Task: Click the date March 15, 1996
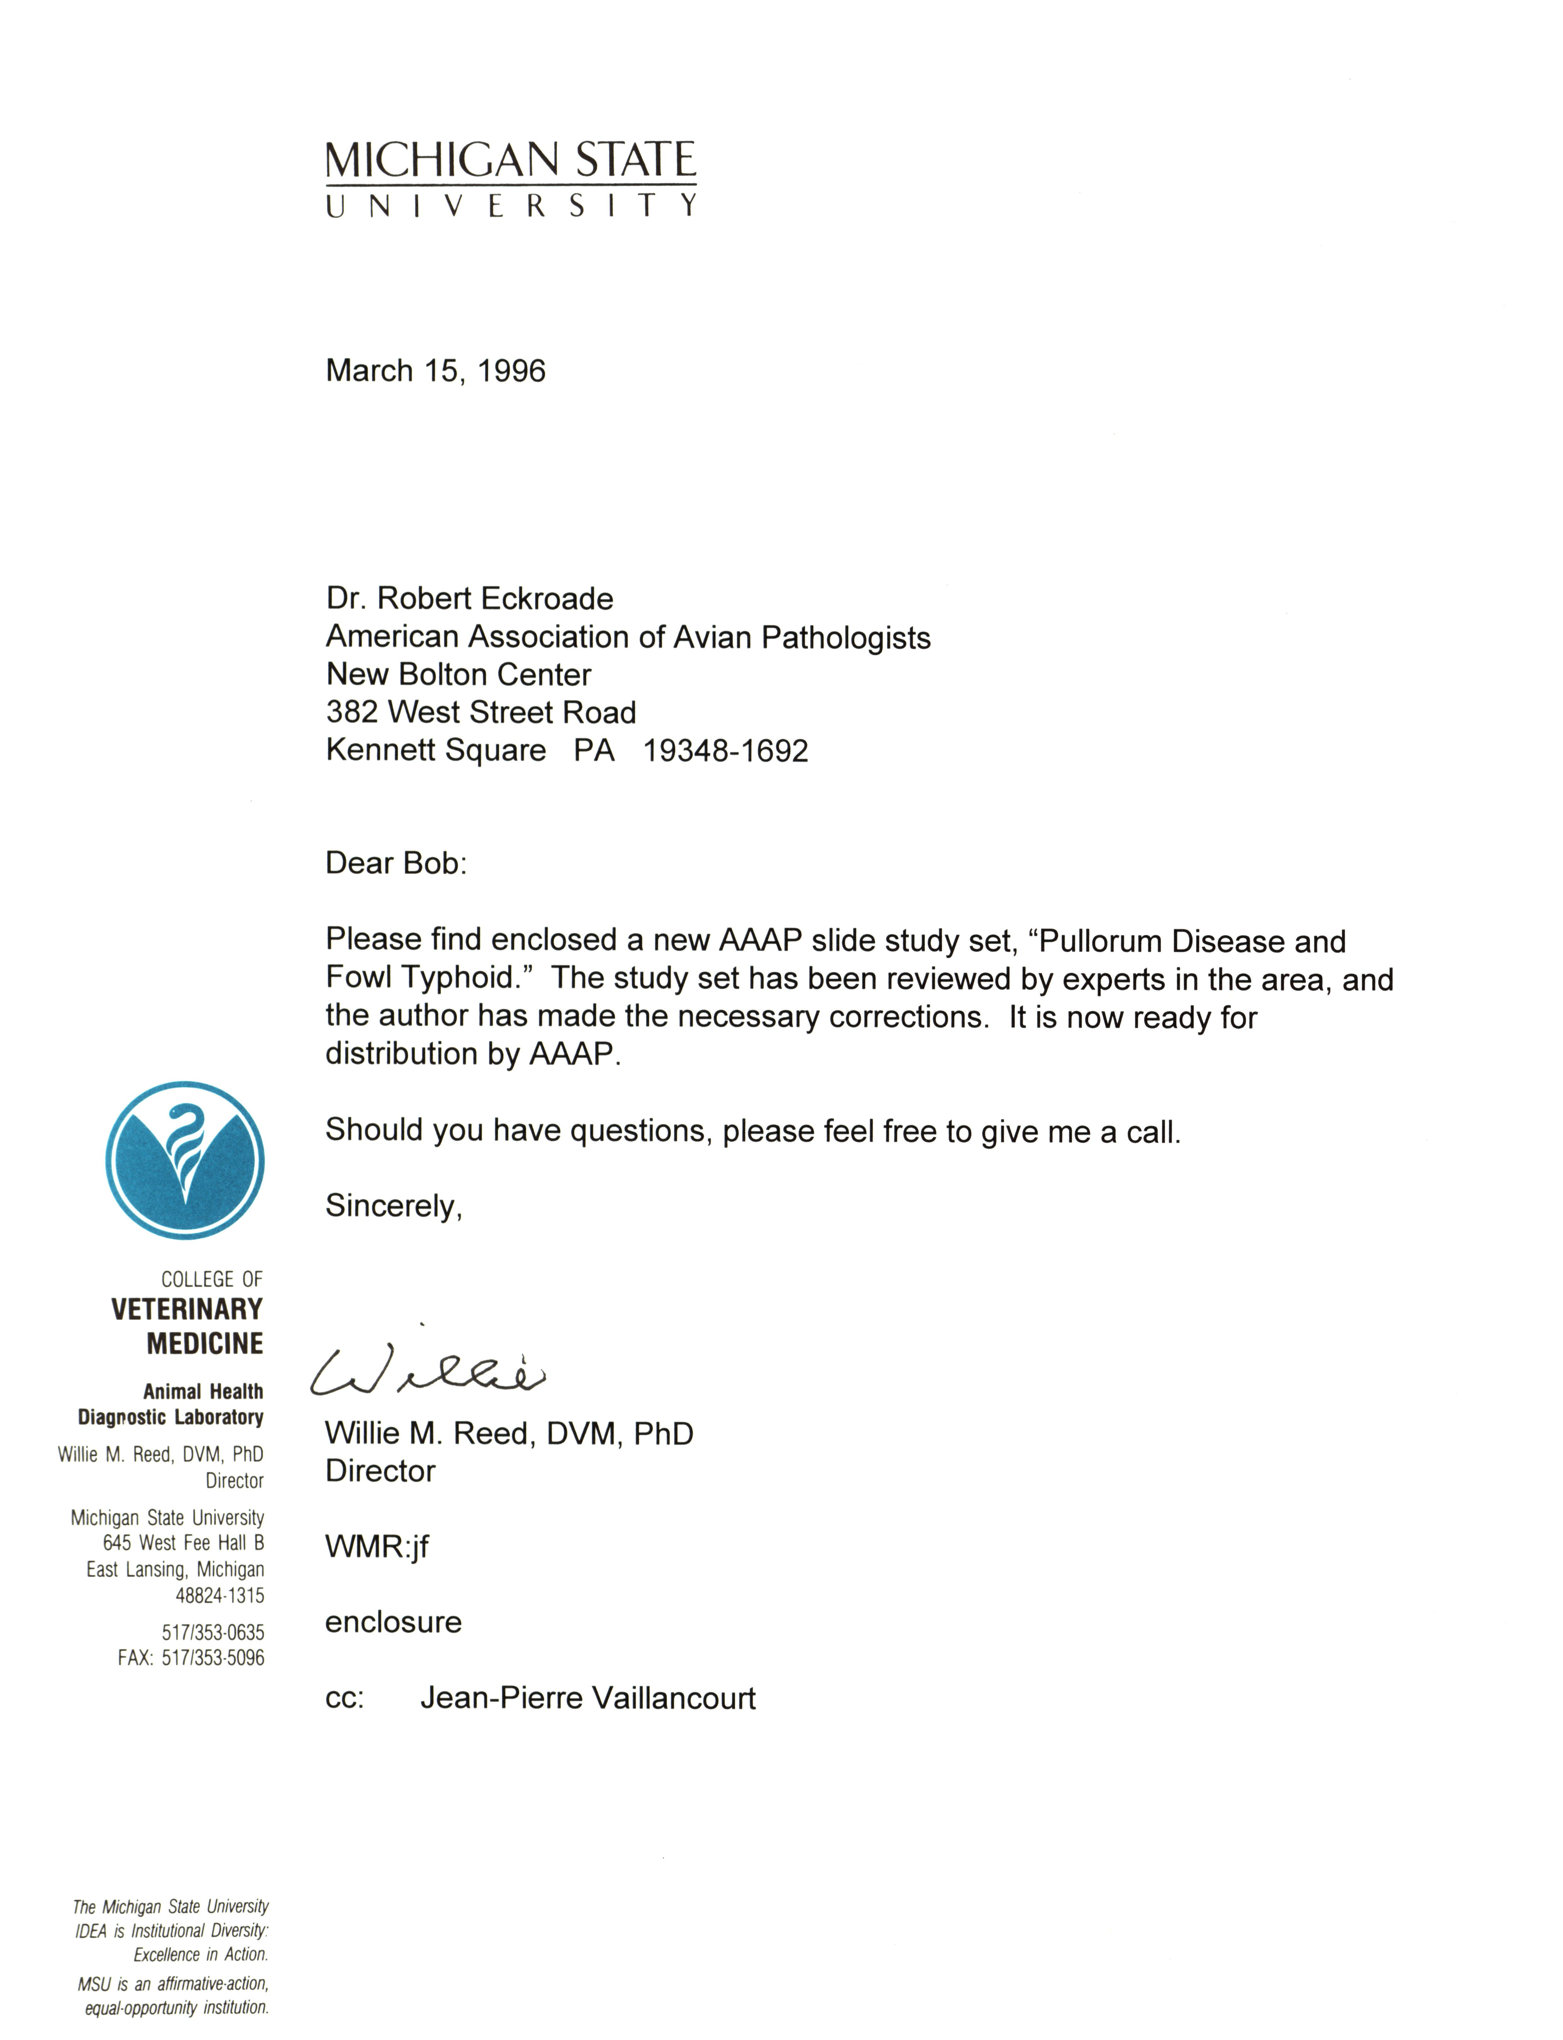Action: (x=435, y=371)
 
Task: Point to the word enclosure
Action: (x=393, y=1622)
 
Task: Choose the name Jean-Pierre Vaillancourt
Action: (x=588, y=1699)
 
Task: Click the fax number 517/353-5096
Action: (x=213, y=1658)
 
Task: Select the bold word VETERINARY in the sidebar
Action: (x=187, y=1310)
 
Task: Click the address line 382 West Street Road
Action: (x=481, y=713)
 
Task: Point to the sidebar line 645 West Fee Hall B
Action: (x=183, y=1543)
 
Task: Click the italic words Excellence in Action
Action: (x=201, y=1954)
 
